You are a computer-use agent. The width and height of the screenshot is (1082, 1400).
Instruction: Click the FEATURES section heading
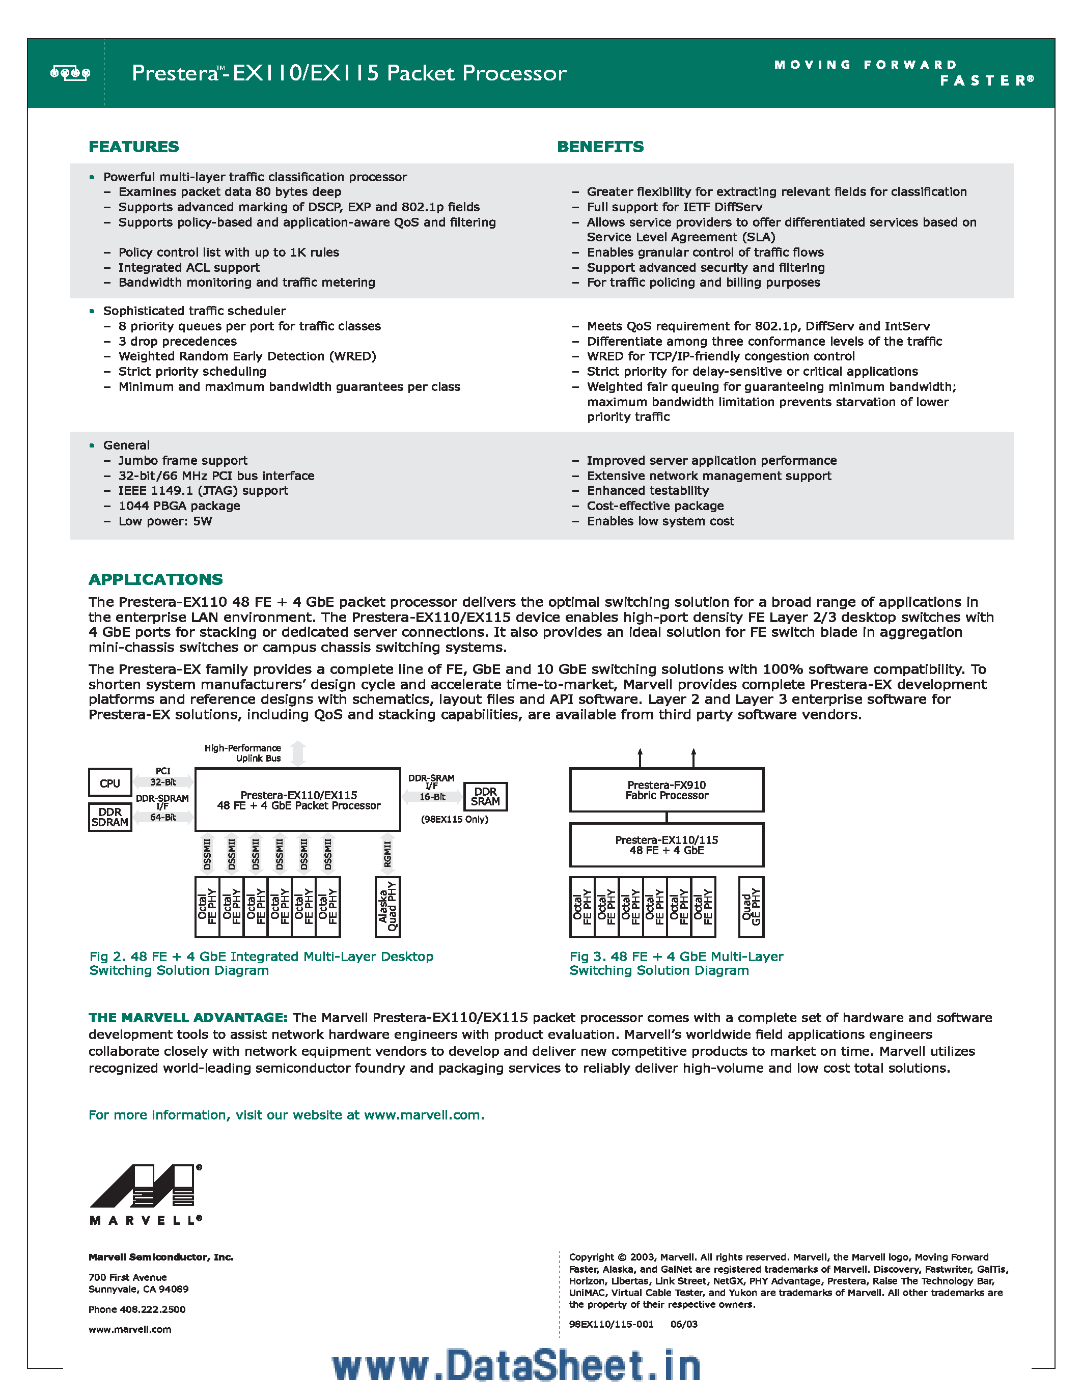point(133,147)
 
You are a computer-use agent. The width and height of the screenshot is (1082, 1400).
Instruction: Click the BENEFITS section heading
point(600,147)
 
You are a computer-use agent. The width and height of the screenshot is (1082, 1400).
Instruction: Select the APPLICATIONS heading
point(155,579)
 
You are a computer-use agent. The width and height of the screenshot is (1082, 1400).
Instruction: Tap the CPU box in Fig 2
point(109,782)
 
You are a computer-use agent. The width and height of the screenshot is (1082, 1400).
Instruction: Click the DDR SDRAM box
point(109,817)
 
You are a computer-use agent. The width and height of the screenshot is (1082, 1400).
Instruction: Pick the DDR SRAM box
point(485,797)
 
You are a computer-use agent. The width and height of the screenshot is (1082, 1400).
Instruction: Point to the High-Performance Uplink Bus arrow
point(298,753)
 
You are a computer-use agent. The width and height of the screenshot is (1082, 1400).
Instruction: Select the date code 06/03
point(684,1324)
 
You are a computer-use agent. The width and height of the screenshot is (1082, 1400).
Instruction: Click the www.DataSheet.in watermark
point(516,1365)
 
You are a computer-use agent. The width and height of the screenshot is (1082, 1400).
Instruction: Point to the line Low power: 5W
point(165,521)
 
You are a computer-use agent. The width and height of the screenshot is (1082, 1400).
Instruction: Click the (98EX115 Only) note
point(455,819)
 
